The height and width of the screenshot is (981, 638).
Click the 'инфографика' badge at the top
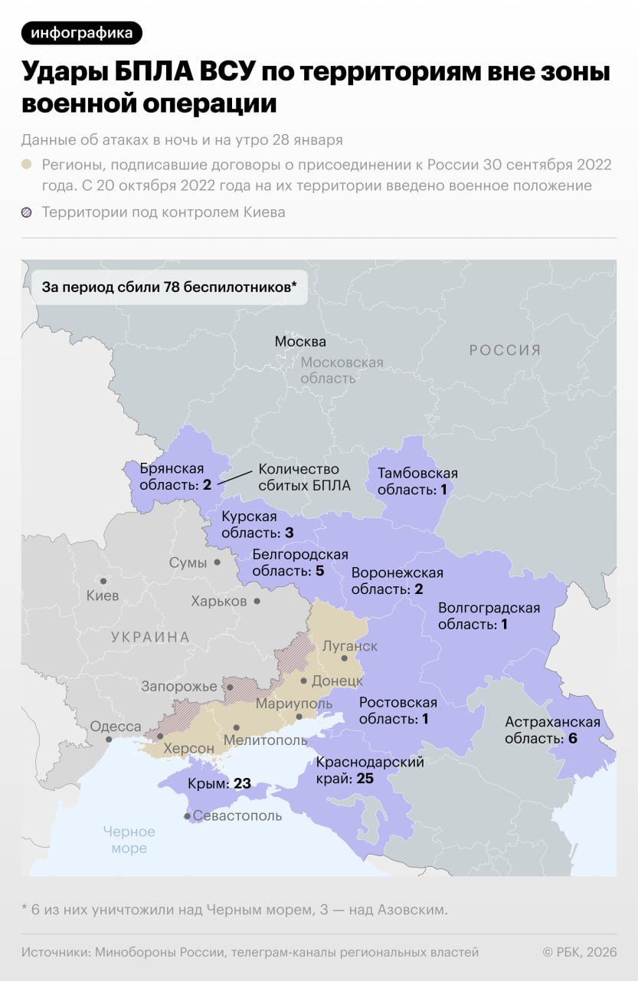(x=82, y=33)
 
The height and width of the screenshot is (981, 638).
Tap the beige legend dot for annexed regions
(x=27, y=165)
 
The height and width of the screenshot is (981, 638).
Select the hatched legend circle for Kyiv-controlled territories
(x=27, y=212)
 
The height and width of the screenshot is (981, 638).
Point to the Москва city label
(x=300, y=342)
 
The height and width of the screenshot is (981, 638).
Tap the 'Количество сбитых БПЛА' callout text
(x=298, y=477)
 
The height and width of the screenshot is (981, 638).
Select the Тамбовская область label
(x=417, y=481)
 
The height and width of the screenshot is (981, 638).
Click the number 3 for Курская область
(x=290, y=532)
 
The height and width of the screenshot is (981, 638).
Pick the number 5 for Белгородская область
(x=319, y=571)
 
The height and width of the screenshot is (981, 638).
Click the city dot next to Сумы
(x=218, y=563)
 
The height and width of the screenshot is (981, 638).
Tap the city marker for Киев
(x=102, y=582)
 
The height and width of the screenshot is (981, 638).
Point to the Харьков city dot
(x=257, y=602)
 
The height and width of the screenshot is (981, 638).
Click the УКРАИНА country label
(x=150, y=637)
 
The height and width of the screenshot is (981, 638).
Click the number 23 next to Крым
(x=242, y=784)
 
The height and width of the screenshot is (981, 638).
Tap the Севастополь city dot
(x=187, y=817)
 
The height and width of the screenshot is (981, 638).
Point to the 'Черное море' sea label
(x=129, y=840)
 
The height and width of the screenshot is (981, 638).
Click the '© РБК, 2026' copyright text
(x=579, y=952)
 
